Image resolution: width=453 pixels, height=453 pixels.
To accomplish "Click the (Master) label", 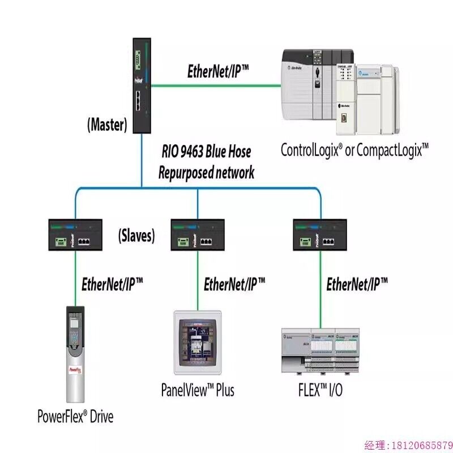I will coord(106,125).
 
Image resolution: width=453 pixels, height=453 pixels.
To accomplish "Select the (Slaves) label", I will coord(136,236).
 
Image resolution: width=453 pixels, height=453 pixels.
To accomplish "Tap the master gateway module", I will coord(140,85).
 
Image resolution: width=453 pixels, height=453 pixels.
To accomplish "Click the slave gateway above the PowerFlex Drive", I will coord(75,235).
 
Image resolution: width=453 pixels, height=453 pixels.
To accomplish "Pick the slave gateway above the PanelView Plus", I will coord(197,235).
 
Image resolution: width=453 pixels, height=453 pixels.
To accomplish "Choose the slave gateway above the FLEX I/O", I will coord(320,235).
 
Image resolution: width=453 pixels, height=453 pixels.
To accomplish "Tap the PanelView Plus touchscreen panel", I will coord(197,343).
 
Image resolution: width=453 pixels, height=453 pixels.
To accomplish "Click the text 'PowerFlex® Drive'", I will coord(75,417).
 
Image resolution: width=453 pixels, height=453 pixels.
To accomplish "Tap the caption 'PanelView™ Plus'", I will coord(197,390).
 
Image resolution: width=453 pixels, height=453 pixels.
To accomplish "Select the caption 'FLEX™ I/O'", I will coord(320,391).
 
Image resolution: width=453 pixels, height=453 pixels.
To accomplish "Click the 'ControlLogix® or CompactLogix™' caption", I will coord(354,149).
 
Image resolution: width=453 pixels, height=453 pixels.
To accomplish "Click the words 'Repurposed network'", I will coord(206,172).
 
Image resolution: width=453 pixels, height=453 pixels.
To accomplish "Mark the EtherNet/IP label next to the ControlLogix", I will coord(218,72).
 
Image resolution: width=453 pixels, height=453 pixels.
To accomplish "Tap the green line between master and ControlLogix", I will coord(215,86).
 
